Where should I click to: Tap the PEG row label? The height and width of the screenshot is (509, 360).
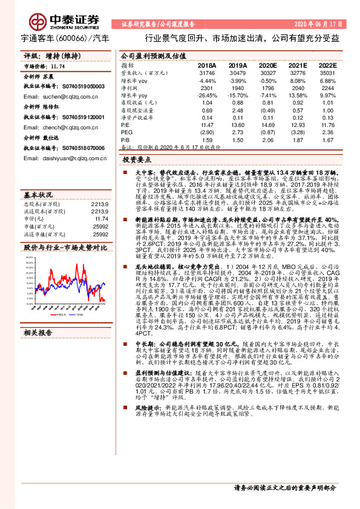[x=126, y=132]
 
